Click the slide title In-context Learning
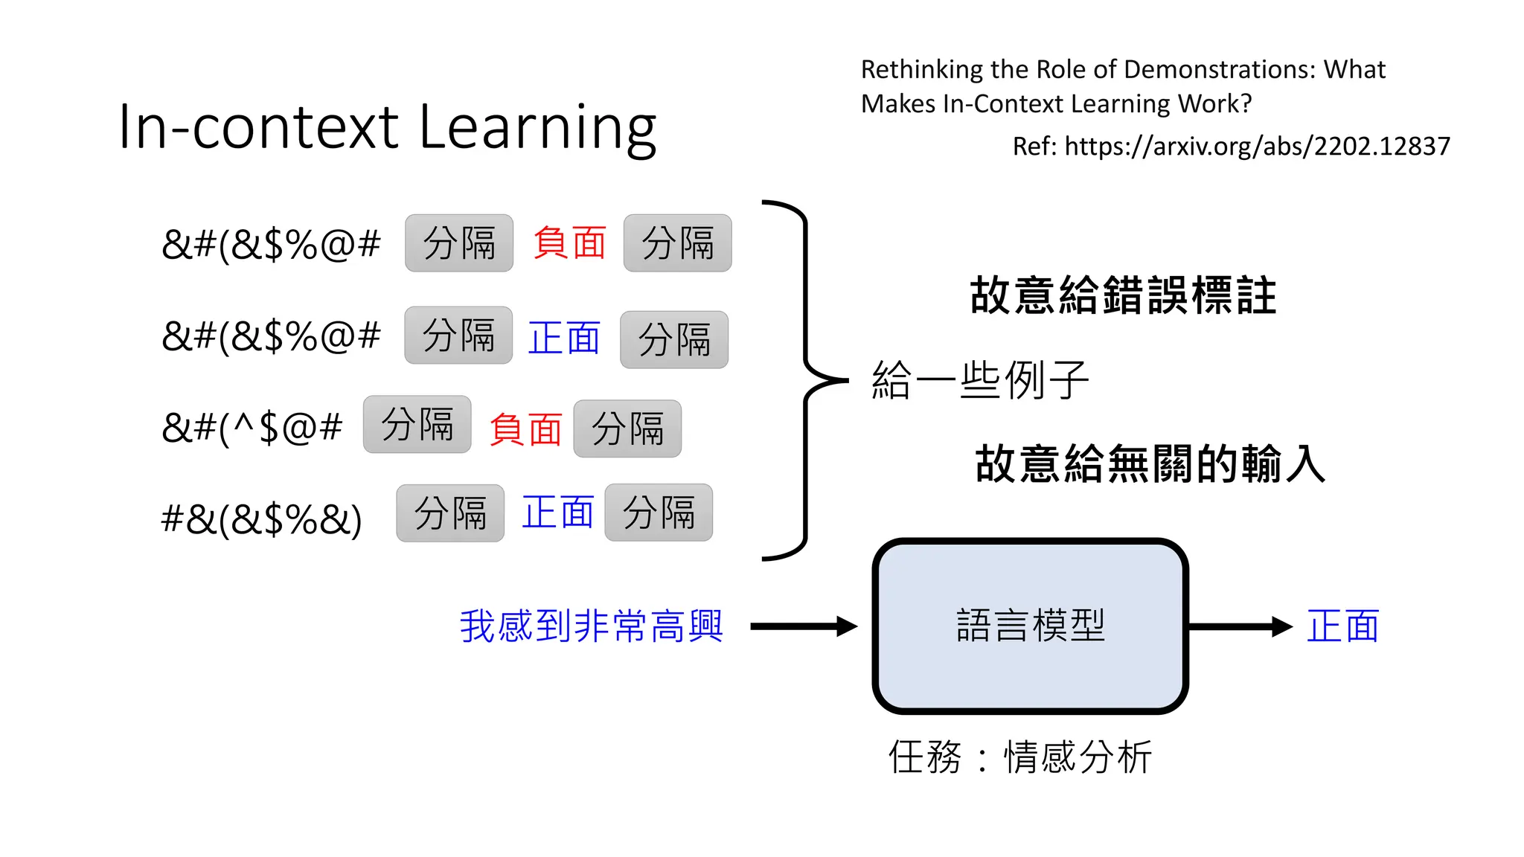pyautogui.click(x=387, y=128)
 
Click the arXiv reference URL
pyautogui.click(x=1257, y=147)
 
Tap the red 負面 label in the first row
pyautogui.click(x=569, y=243)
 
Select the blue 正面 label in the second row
pyautogui.click(x=563, y=338)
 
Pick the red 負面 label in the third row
pyautogui.click(x=525, y=429)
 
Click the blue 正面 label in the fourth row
pyautogui.click(x=557, y=513)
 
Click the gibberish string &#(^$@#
pyautogui.click(x=252, y=428)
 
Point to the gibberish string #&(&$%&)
pyautogui.click(x=261, y=519)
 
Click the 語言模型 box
pyautogui.click(x=1030, y=626)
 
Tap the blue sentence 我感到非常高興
pyautogui.click(x=591, y=626)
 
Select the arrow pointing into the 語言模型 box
pyautogui.click(x=804, y=626)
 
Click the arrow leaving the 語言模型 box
pyautogui.click(x=1240, y=626)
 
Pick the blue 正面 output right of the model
pyautogui.click(x=1343, y=626)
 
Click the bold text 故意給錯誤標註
pyautogui.click(x=1123, y=295)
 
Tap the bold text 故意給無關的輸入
pyautogui.click(x=1150, y=463)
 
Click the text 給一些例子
pyautogui.click(x=980, y=380)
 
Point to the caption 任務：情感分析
pyautogui.click(x=1020, y=757)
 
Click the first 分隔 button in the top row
pyautogui.click(x=459, y=243)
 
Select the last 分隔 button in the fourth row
pyautogui.click(x=659, y=513)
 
